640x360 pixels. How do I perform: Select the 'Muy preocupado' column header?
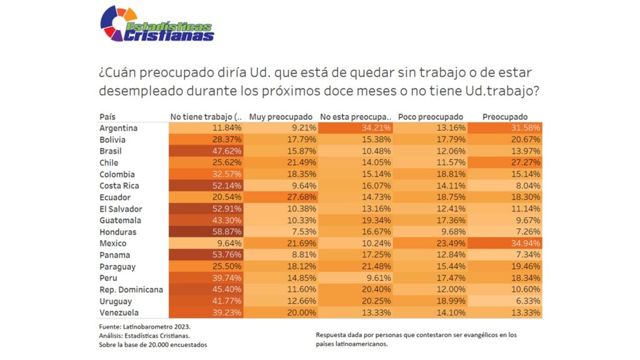[x=281, y=117]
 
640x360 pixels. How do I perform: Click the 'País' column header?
[x=107, y=117]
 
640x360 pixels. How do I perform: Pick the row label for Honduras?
[x=117, y=232]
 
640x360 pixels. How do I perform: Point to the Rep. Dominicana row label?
[x=131, y=290]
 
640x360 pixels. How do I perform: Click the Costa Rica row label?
[x=119, y=186]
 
